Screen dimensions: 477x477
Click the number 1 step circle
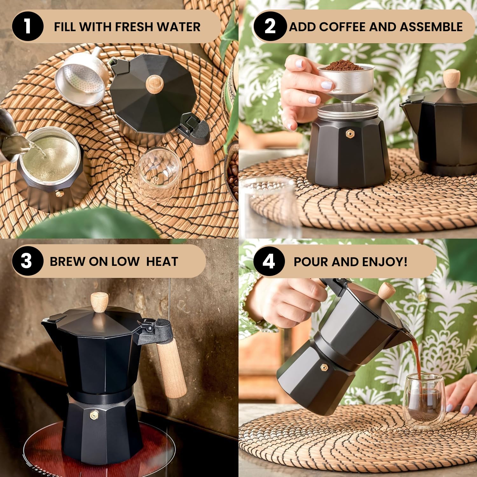tap(28, 26)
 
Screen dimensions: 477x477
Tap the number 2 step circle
tap(270, 26)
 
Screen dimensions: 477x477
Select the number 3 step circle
tap(27, 261)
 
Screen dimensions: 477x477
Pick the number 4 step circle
tap(269, 261)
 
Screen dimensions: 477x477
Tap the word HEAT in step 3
tap(162, 261)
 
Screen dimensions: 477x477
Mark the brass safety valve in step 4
tap(324, 368)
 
